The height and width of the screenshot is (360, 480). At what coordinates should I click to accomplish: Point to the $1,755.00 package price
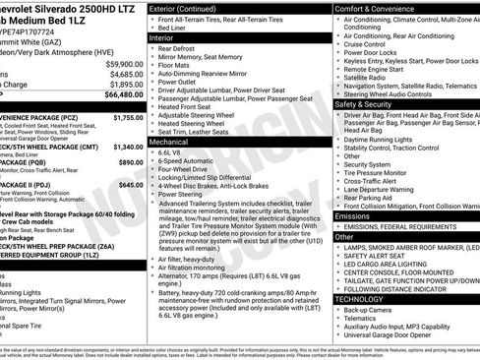[x=129, y=117]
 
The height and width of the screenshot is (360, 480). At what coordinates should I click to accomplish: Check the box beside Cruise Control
[x=338, y=43]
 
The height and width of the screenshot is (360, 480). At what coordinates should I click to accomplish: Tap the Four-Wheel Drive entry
[x=184, y=170]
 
